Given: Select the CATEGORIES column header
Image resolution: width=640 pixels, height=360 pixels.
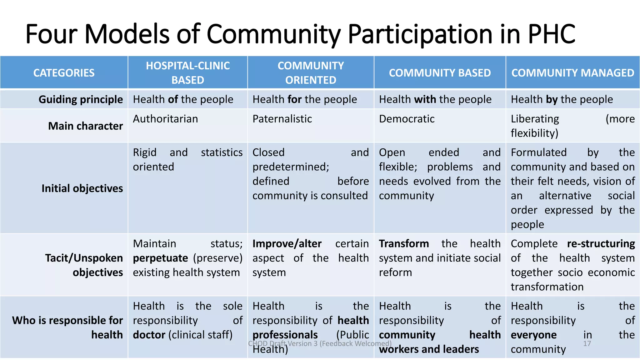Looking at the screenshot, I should (64, 73).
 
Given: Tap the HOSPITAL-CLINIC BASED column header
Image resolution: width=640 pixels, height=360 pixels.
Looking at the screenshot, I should (188, 73).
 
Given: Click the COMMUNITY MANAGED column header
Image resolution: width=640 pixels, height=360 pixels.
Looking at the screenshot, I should (572, 73).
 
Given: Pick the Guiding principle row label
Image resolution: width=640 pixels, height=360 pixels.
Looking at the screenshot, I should (81, 99).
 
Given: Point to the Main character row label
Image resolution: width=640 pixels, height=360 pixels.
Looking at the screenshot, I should (85, 126).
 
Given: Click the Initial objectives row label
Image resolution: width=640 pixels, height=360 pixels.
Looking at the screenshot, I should (82, 188).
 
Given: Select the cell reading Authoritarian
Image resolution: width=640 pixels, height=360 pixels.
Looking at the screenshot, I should (165, 119).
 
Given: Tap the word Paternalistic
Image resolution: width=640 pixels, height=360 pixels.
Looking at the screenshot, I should (282, 119).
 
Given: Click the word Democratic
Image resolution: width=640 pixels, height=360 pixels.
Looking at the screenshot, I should (407, 119).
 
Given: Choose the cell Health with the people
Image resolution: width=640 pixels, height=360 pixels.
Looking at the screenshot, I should (435, 99).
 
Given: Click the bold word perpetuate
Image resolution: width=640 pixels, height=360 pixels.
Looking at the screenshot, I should (160, 258).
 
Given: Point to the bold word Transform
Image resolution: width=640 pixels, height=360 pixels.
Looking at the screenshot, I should (404, 244).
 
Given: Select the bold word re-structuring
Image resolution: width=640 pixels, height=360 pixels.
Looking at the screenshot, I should (601, 244).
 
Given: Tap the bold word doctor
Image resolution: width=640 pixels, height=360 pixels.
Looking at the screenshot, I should (149, 335).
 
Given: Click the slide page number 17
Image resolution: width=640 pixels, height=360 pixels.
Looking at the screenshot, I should (587, 344).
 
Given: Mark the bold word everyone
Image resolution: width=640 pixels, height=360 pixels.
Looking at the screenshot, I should (533, 335).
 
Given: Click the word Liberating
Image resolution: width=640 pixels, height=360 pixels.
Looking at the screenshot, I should (535, 119).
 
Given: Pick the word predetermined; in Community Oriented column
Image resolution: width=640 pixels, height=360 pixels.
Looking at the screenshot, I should (291, 167).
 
